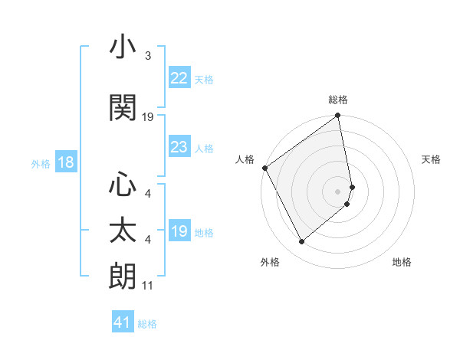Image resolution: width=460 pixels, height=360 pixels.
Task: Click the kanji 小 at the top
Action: click(123, 48)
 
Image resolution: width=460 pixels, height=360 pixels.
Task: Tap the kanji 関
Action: click(123, 108)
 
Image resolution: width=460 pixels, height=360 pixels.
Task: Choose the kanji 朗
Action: click(123, 276)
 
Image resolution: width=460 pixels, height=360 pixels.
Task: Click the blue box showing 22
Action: click(179, 78)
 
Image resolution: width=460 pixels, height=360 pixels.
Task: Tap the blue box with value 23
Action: click(179, 147)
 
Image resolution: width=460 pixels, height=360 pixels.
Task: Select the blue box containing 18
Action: click(65, 162)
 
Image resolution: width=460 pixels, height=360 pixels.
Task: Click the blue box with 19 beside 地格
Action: click(179, 231)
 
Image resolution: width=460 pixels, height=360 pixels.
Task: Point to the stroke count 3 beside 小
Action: click(148, 56)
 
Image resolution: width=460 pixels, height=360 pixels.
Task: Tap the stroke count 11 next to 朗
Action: click(148, 286)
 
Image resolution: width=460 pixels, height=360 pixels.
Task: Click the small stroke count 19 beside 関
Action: click(148, 117)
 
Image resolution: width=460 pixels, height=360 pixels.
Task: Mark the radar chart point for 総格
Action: click(337, 116)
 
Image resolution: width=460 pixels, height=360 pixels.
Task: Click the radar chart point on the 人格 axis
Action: click(264, 168)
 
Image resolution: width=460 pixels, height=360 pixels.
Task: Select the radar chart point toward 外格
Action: click(301, 242)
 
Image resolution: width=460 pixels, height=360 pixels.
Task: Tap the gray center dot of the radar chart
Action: click(337, 191)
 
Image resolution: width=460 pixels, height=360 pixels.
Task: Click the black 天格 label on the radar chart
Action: click(431, 159)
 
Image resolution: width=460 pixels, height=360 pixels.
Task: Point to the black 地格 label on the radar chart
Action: click(402, 262)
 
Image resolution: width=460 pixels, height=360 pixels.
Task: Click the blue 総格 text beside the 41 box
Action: click(147, 324)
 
